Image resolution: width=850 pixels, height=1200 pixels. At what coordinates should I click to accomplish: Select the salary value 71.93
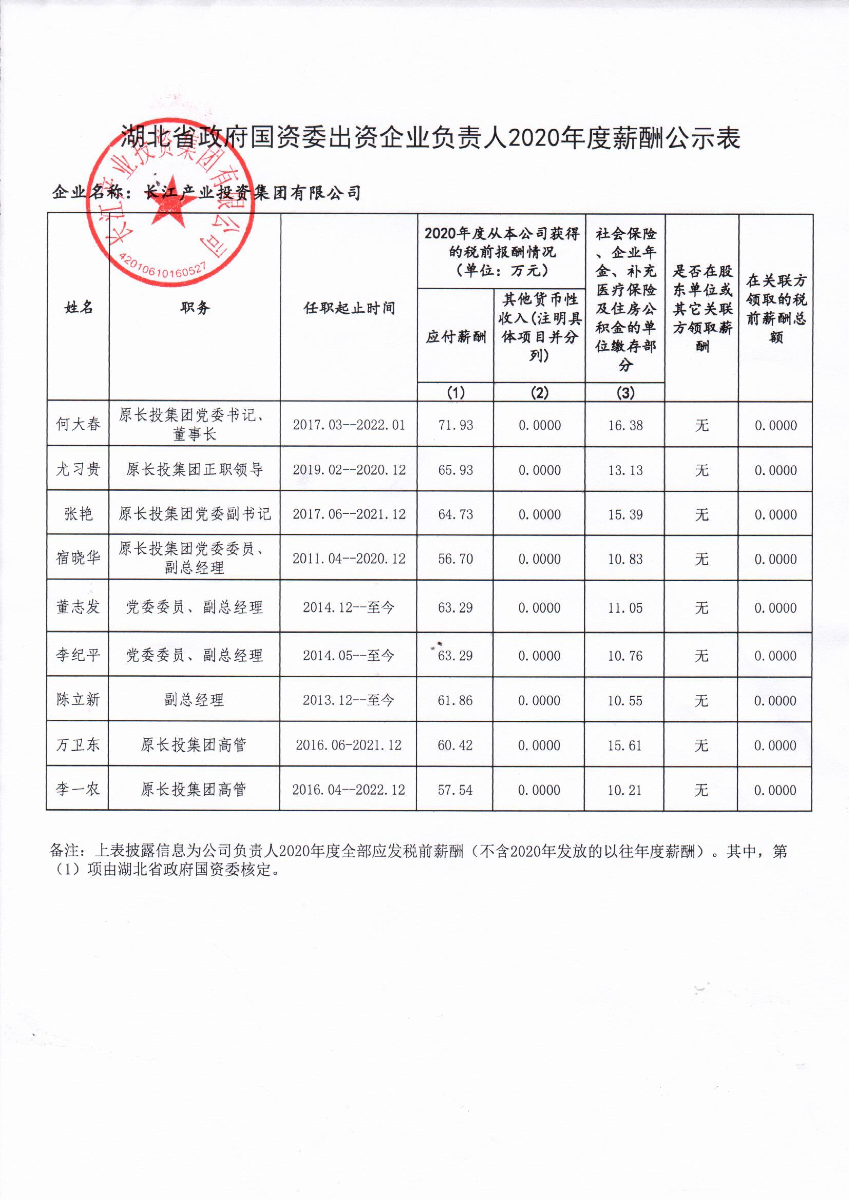tap(455, 425)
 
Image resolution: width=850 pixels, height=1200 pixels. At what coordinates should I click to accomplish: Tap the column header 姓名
tap(79, 308)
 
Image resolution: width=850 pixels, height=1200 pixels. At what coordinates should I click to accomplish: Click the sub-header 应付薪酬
tap(455, 337)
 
